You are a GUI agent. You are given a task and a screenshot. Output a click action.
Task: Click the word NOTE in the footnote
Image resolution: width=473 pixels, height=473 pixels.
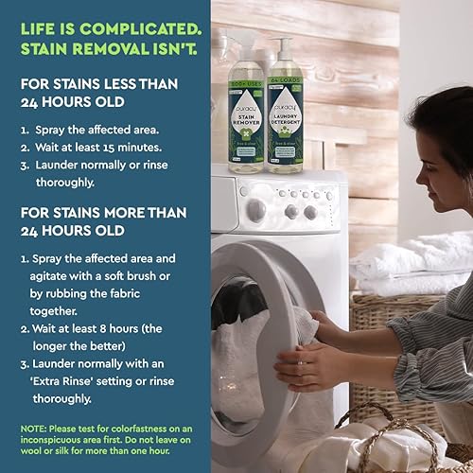pyautogui.click(x=35, y=429)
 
